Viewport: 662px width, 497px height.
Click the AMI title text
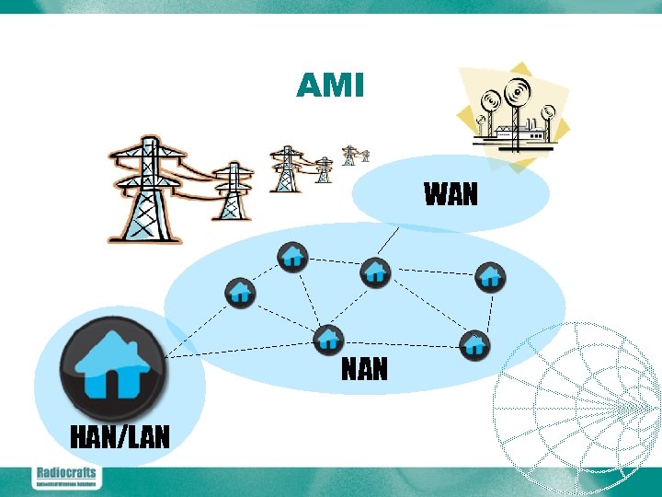pos(330,86)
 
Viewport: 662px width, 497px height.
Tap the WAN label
pos(451,194)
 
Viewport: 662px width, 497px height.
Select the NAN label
pos(365,369)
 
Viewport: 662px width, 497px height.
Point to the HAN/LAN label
pos(120,435)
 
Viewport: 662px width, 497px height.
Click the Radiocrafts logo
pos(65,476)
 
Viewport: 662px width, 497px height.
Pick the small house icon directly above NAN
pos(328,339)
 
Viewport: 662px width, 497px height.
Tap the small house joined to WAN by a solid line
pos(375,272)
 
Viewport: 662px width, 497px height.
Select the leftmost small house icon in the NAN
pos(240,292)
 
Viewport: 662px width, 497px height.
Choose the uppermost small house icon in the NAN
pos(292,256)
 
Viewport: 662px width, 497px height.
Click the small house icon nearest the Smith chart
pos(474,345)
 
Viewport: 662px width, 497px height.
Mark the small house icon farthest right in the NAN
pos(490,275)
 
